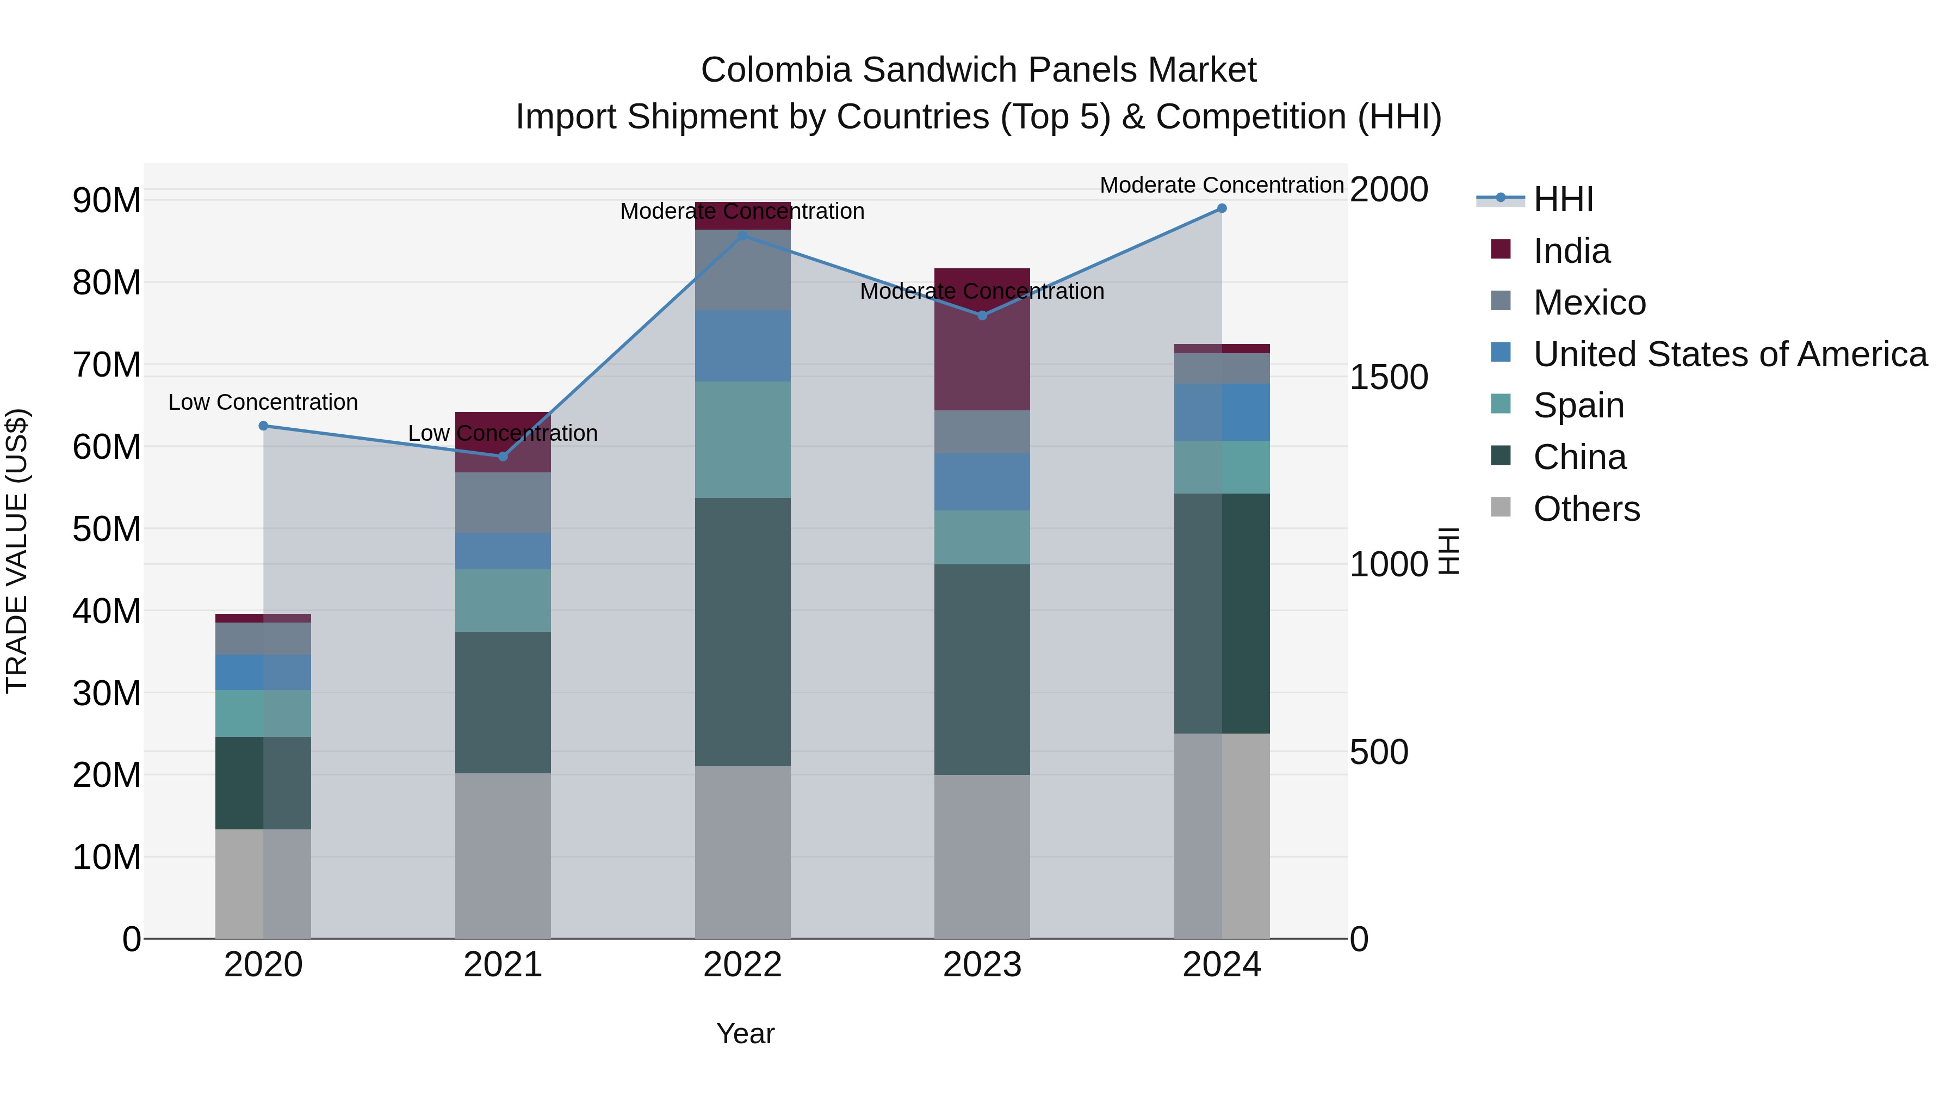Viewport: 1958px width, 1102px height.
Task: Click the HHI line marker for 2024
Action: (1222, 208)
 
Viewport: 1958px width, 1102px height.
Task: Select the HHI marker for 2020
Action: (264, 426)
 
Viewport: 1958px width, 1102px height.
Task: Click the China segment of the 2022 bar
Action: (742, 631)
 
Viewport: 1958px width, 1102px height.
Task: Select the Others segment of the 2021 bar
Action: (503, 855)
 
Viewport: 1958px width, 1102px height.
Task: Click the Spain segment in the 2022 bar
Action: (742, 440)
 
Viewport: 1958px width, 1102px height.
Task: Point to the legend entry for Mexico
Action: (1589, 303)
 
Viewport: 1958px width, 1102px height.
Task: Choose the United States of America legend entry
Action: (1729, 354)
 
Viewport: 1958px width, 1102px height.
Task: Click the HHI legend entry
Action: (1562, 199)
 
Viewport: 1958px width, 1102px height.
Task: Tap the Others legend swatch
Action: (1501, 507)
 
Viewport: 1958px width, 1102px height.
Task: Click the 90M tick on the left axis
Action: (107, 201)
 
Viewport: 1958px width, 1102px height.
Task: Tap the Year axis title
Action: (745, 1033)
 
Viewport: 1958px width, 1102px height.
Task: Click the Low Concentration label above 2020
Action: (263, 402)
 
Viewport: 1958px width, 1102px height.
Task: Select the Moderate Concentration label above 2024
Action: (1222, 185)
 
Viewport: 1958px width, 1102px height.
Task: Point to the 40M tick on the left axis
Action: (107, 612)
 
